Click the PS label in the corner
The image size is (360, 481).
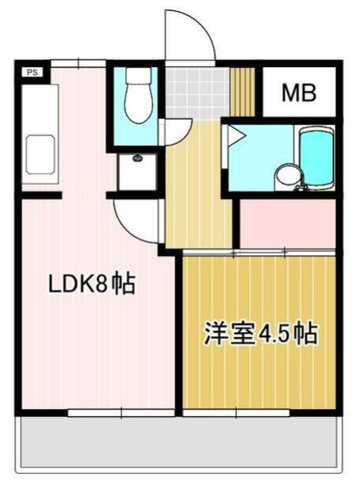pos(33,72)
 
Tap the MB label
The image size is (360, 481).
pos(300,94)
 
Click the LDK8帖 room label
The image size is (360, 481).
pos(93,283)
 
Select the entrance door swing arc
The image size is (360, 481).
pos(189,36)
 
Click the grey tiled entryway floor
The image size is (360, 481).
pos(197,93)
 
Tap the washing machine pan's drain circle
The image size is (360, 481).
pos(137,158)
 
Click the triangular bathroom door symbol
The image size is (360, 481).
pos(235,136)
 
